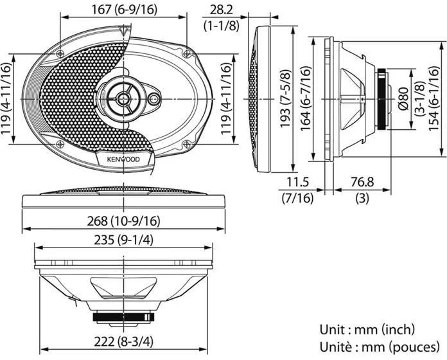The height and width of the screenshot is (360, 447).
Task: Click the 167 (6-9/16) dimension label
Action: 124,10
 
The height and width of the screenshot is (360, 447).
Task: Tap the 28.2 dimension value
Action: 222,10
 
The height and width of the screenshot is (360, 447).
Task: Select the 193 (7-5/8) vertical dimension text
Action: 285,99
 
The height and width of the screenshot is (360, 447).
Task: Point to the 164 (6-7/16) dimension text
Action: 306,99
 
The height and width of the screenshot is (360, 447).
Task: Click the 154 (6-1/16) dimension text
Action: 434,99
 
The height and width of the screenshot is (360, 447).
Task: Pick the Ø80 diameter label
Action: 404,99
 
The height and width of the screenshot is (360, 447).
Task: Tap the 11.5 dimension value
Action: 297,182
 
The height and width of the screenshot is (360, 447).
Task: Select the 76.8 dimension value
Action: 362,182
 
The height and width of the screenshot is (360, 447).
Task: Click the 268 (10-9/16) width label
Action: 123,221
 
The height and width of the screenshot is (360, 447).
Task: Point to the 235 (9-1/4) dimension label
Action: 123,240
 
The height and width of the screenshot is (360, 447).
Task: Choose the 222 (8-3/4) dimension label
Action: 123,341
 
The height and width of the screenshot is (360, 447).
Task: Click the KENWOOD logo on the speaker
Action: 123,159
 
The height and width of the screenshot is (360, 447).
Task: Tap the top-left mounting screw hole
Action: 60,53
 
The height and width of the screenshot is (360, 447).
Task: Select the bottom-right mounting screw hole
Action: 186,144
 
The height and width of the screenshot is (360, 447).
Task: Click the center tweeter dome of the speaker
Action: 123,99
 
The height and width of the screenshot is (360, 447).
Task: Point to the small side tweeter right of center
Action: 154,99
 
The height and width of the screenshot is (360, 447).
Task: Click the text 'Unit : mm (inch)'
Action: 367,330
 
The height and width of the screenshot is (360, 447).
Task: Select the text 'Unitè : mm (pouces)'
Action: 380,347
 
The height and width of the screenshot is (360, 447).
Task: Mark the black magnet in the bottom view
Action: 123,317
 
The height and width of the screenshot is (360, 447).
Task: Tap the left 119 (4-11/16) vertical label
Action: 6,99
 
